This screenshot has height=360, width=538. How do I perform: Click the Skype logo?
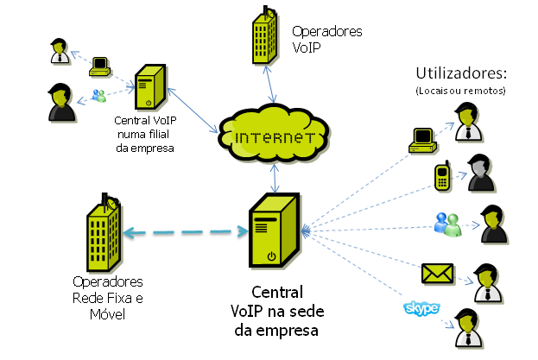(x=421, y=308)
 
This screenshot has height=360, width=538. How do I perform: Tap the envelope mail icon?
(x=437, y=274)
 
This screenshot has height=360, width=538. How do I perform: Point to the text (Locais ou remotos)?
(x=459, y=90)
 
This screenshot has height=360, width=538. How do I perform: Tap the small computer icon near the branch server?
(x=101, y=64)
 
